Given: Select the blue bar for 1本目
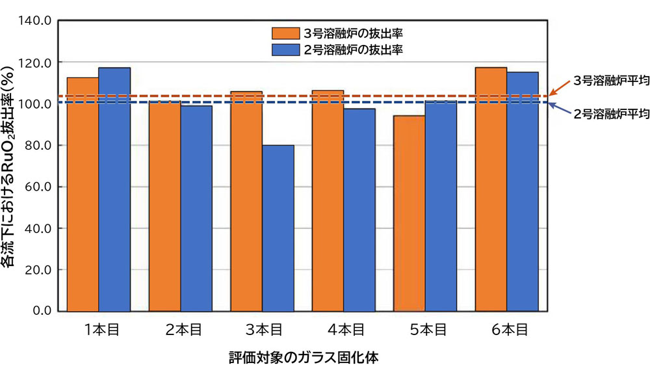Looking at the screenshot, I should pos(114,189).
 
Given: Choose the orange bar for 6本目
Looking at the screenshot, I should pos(491,189).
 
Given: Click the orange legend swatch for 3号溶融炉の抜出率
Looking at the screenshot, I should pos(285,33).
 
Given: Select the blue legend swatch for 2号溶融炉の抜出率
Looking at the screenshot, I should pos(285,49).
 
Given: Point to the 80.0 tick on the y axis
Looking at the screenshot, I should pos(40,145).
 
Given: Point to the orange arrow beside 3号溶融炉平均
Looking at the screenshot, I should pos(560,88).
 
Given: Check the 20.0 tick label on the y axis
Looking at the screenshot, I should pos(40,269).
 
